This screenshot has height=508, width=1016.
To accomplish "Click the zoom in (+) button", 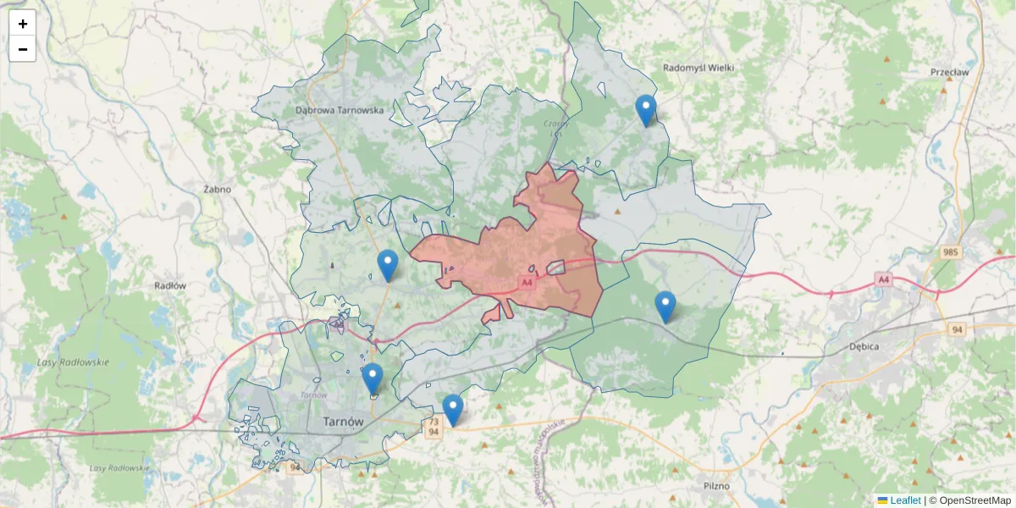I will point(23,24).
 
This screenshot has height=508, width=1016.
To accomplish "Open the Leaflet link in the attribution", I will point(904,500).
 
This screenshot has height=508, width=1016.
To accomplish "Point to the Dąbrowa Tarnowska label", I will point(340,110).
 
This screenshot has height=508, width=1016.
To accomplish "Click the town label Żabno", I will point(218,190).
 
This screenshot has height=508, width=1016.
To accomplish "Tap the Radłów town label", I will point(170,286).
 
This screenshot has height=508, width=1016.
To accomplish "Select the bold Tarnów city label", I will point(343,422).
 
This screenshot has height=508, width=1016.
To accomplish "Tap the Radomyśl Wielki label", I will point(698,68).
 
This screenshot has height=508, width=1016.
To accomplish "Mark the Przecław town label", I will point(949,73).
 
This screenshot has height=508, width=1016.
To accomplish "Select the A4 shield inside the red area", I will point(527,282).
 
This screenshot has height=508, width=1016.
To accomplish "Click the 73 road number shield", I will point(433,422).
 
